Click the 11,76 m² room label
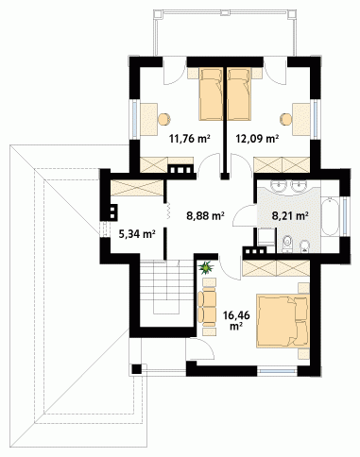click(x=190, y=138)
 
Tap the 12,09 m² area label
click(x=257, y=138)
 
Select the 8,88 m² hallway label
click(x=205, y=215)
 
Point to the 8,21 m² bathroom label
click(x=290, y=215)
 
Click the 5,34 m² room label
click(x=137, y=234)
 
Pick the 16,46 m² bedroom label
click(x=236, y=320)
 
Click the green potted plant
click(x=206, y=267)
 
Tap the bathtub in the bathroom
click(x=330, y=216)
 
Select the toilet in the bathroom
click(x=287, y=245)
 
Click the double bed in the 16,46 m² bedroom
click(x=283, y=321)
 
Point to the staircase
click(x=166, y=287)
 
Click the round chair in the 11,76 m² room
click(x=164, y=119)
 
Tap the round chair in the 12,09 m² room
click(x=286, y=119)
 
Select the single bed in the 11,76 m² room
click(x=211, y=93)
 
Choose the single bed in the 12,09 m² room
click(x=239, y=93)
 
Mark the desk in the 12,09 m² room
click(x=301, y=119)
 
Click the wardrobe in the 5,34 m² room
click(x=137, y=188)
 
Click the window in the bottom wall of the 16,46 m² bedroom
click(x=277, y=370)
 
